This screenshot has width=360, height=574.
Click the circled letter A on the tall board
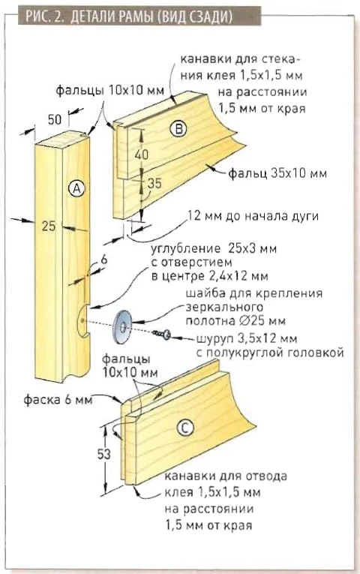click(x=76, y=188)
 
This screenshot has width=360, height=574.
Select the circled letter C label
click(x=184, y=428)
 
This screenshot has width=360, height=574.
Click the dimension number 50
click(x=55, y=119)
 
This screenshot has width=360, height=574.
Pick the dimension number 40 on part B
click(x=141, y=154)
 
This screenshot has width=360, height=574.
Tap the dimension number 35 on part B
click(x=154, y=182)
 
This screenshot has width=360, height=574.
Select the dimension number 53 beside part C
click(x=103, y=454)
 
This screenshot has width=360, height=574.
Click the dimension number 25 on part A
click(x=48, y=226)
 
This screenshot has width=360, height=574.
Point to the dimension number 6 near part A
click(x=104, y=260)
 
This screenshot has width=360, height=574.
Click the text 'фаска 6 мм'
click(x=58, y=400)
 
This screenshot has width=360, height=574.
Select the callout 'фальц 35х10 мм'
click(x=277, y=173)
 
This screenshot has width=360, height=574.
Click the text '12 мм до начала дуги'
click(x=253, y=216)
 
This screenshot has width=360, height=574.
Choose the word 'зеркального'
click(x=224, y=307)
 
